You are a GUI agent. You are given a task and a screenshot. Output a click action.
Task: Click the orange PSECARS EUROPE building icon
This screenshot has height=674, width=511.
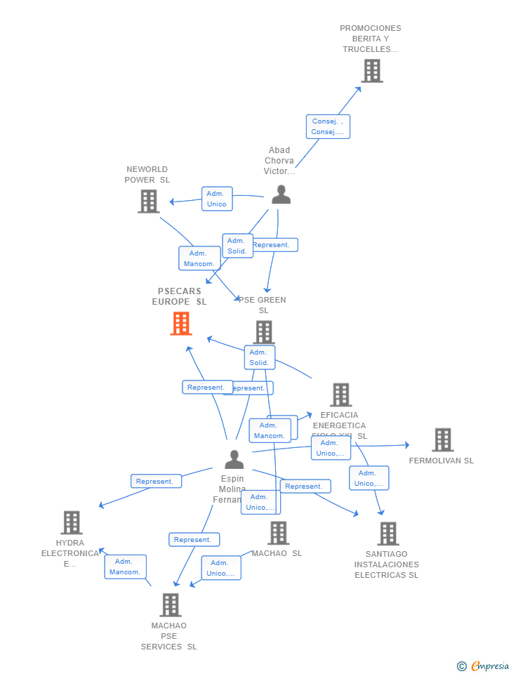click(x=181, y=324)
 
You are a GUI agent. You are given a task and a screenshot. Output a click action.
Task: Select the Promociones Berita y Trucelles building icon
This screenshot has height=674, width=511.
click(x=372, y=71)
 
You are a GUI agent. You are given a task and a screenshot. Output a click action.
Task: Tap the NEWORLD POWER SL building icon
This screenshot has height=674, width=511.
click(x=148, y=201)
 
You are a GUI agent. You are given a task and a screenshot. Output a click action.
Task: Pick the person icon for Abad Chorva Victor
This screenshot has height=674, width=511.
click(x=281, y=194)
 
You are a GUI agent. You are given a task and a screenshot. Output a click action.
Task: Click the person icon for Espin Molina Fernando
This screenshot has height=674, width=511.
click(x=234, y=460)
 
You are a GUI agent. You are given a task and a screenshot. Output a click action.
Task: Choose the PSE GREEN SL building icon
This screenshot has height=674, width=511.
click(x=263, y=332)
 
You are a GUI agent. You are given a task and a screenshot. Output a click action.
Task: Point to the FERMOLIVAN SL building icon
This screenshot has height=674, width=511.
click(x=442, y=440)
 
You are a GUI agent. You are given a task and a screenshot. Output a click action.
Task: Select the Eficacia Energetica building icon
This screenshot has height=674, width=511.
click(x=340, y=395)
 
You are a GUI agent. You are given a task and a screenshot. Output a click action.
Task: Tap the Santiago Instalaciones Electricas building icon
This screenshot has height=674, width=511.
click(x=387, y=534)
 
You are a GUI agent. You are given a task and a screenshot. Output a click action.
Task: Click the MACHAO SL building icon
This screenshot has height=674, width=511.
click(x=278, y=533)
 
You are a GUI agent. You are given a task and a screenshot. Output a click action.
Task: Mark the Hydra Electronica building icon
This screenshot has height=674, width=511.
click(x=72, y=522)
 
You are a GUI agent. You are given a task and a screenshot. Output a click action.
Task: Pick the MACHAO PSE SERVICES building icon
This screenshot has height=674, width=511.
click(x=170, y=604)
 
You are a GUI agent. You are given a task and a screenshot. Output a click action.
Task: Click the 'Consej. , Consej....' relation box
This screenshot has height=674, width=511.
click(x=328, y=126)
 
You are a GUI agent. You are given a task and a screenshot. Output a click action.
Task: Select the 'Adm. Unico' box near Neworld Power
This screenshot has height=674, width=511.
click(x=217, y=199)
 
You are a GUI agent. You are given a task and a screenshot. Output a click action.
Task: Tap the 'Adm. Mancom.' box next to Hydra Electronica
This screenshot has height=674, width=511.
click(x=125, y=567)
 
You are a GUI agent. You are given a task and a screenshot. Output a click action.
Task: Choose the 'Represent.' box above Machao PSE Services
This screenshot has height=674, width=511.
click(x=194, y=539)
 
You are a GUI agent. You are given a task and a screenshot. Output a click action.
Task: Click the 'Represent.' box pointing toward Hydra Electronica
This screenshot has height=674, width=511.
click(x=156, y=481)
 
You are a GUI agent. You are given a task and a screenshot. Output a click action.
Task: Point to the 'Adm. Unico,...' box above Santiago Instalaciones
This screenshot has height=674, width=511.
click(x=369, y=478)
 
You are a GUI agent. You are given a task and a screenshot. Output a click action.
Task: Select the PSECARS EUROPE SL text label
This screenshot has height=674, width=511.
click(x=180, y=296)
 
